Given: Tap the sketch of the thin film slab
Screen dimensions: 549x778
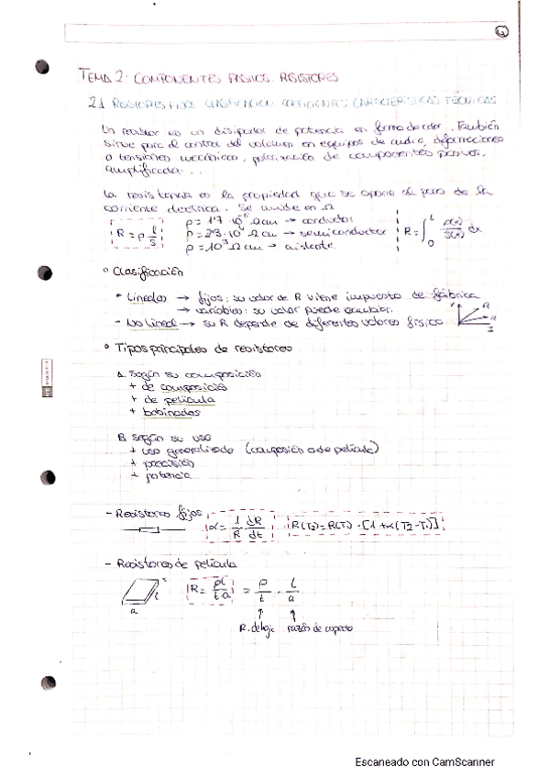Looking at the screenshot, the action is (138, 594).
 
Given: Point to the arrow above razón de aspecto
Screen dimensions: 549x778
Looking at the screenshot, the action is (291, 611).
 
